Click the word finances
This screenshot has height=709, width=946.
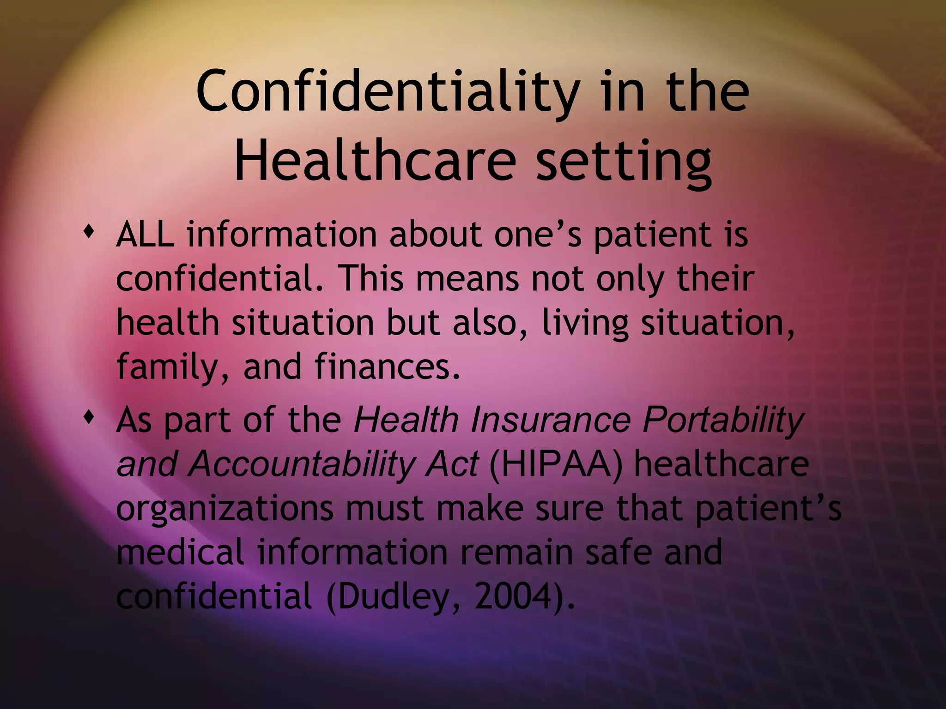[x=387, y=366]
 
